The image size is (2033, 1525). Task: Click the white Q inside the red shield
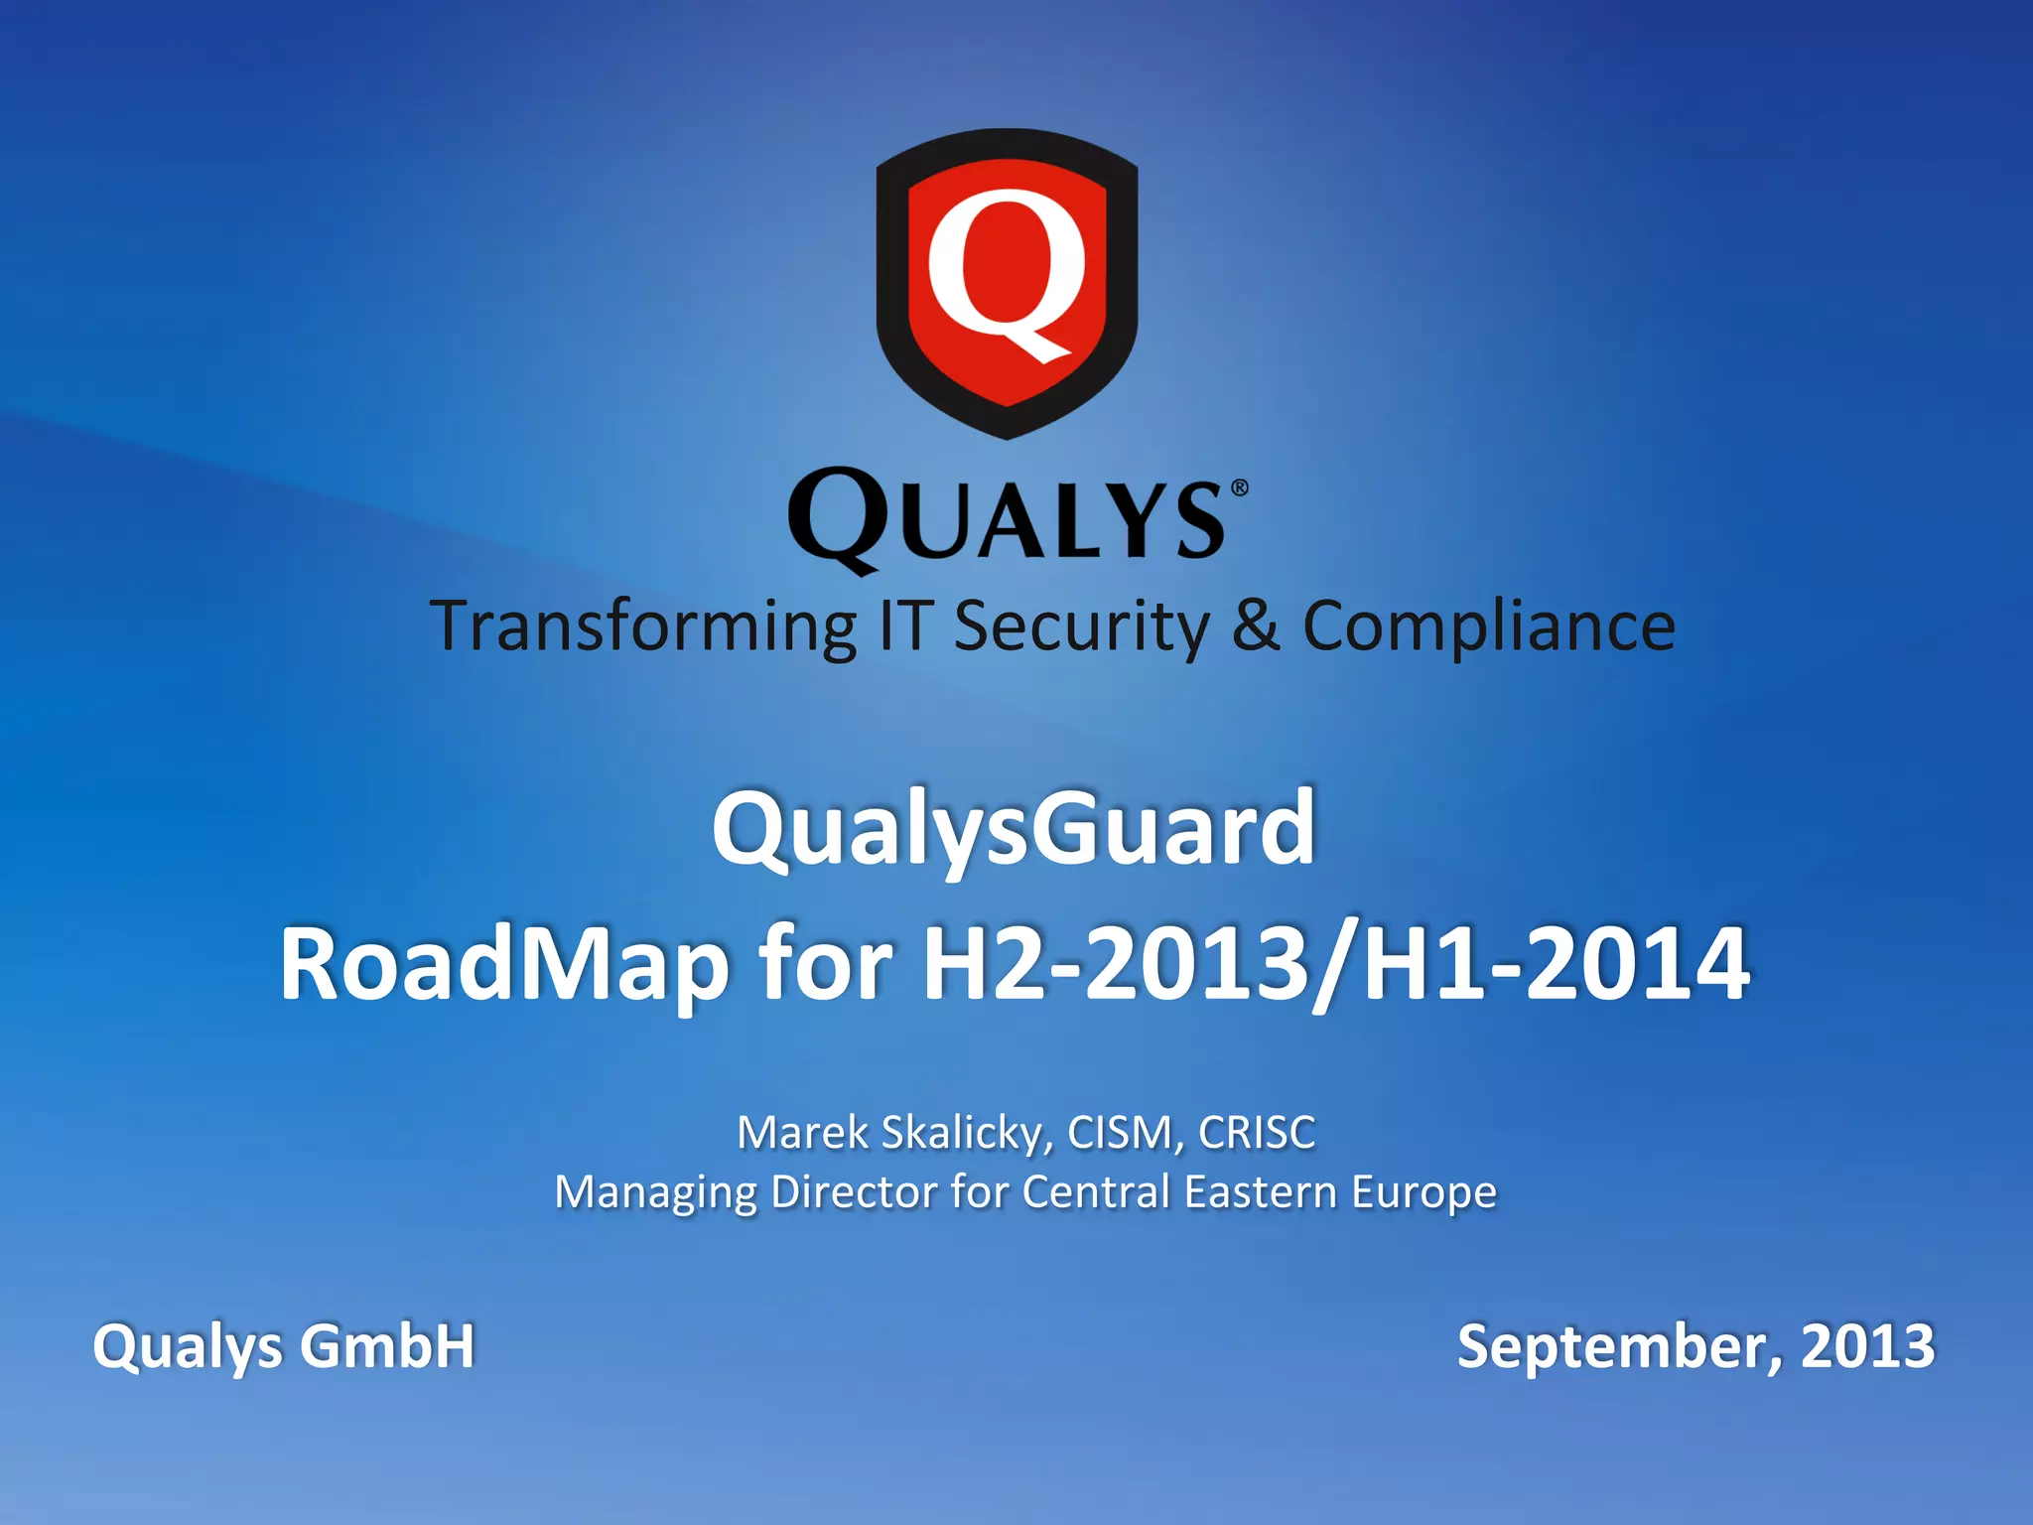(x=1005, y=274)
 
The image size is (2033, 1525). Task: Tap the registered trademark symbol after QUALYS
(x=1239, y=487)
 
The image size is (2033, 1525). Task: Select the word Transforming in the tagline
(x=643, y=627)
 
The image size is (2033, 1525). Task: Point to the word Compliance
(x=1488, y=627)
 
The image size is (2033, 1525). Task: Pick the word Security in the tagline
(x=1082, y=627)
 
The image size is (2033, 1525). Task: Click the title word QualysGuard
(x=1014, y=828)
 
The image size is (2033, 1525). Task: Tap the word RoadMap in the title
(x=503, y=964)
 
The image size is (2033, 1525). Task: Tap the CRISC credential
(x=1256, y=1133)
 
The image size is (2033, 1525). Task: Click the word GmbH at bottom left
(x=387, y=1346)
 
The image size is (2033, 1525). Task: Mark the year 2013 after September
(x=1867, y=1346)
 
